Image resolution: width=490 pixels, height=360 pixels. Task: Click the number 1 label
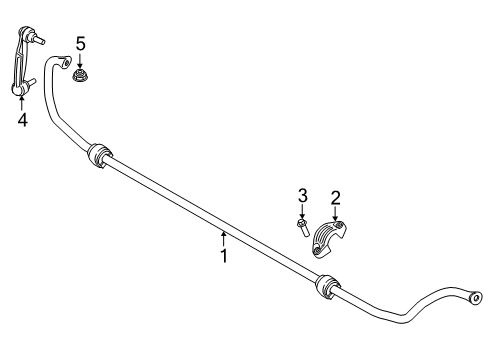(x=225, y=255)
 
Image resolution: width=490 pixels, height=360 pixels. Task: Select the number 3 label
(x=301, y=196)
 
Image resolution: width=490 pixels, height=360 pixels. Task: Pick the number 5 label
(x=80, y=43)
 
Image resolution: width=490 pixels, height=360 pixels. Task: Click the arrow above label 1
(x=225, y=238)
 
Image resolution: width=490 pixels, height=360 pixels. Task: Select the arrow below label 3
(x=301, y=211)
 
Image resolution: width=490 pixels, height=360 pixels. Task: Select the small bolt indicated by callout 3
(x=302, y=226)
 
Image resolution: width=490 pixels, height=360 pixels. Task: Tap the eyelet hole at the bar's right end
(x=475, y=297)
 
